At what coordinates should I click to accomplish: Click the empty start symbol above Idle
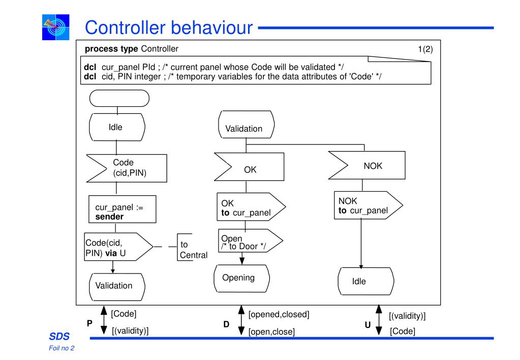point(119,98)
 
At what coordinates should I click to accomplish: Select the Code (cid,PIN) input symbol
point(127,168)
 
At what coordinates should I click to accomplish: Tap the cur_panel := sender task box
point(123,209)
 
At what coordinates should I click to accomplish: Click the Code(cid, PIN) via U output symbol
point(118,247)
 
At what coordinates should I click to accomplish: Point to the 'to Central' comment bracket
point(178,247)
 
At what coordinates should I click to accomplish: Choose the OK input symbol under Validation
point(249,167)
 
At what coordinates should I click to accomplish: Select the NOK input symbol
point(367,165)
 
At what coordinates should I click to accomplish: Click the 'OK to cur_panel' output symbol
point(251,207)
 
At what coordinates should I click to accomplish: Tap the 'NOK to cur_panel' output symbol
point(368,205)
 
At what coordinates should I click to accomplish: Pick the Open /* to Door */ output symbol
point(251,241)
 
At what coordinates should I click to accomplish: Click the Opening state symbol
point(242,278)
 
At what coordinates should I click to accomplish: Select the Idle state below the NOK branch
point(366,281)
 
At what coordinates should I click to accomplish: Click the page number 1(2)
point(425,49)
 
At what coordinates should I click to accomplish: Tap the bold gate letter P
point(89,323)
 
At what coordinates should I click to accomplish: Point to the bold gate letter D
point(226,324)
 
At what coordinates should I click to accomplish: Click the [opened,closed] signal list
point(279,314)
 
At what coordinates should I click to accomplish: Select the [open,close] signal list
point(271,332)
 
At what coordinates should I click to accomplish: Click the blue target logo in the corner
point(56,27)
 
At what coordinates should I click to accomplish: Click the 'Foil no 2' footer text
point(62,348)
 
